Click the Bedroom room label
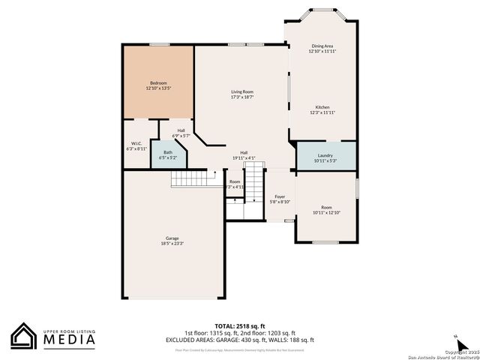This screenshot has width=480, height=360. (158, 82)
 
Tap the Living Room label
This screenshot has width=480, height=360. (241, 91)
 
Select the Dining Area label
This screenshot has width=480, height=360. (322, 46)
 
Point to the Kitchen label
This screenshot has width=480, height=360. (322, 107)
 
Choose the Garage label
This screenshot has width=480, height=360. (172, 238)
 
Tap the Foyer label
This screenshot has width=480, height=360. (279, 196)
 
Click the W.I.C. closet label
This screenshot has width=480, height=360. (136, 143)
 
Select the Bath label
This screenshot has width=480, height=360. (167, 152)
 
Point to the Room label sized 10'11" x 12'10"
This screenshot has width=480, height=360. (326, 207)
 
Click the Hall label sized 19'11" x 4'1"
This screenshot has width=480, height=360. (244, 152)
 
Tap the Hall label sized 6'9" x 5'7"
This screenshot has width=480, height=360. (181, 130)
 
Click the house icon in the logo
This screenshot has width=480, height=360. (22, 336)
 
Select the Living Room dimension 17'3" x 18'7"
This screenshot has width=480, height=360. (241, 97)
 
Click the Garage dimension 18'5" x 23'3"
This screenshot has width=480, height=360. (172, 244)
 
